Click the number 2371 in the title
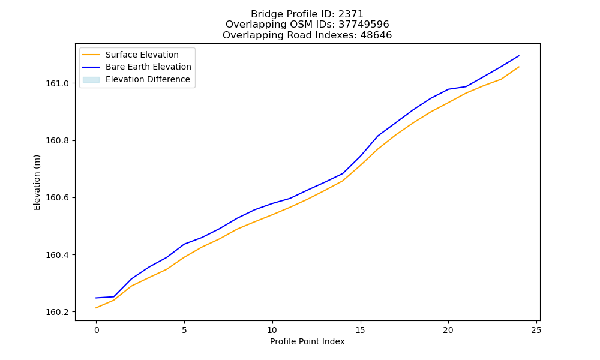pyautogui.click(x=350, y=14)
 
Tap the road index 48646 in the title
pyautogui.click(x=376, y=35)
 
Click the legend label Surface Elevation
pyautogui.click(x=142, y=55)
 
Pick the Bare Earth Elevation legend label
pyautogui.click(x=148, y=67)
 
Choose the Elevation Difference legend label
pyautogui.click(x=148, y=79)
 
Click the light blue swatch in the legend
pyautogui.click(x=91, y=80)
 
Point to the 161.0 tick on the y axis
pyautogui.click(x=58, y=83)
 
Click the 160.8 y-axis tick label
pyautogui.click(x=58, y=140)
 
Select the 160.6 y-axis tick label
pyautogui.click(x=58, y=197)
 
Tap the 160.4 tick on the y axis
pyautogui.click(x=58, y=255)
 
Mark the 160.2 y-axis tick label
pyautogui.click(x=58, y=312)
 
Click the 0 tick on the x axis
pyautogui.click(x=97, y=330)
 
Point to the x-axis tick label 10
pyautogui.click(x=272, y=330)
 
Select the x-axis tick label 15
pyautogui.click(x=360, y=330)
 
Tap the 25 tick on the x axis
pyautogui.click(x=536, y=330)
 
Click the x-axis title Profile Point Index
pyautogui.click(x=307, y=341)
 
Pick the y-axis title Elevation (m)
pyautogui.click(x=37, y=182)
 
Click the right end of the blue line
pyautogui.click(x=519, y=56)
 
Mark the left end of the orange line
pyautogui.click(x=96, y=308)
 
